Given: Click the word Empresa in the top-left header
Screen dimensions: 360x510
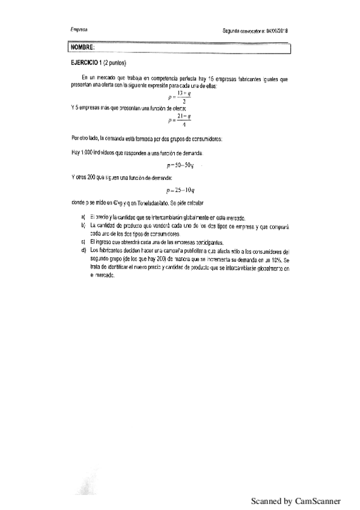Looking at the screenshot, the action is pyautogui.click(x=79, y=29).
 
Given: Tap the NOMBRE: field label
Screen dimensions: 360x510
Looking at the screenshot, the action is pyautogui.click(x=82, y=47).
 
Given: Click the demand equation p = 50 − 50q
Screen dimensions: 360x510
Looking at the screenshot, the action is pyautogui.click(x=180, y=164).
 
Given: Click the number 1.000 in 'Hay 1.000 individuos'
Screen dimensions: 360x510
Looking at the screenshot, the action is pyautogui.click(x=85, y=152).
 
